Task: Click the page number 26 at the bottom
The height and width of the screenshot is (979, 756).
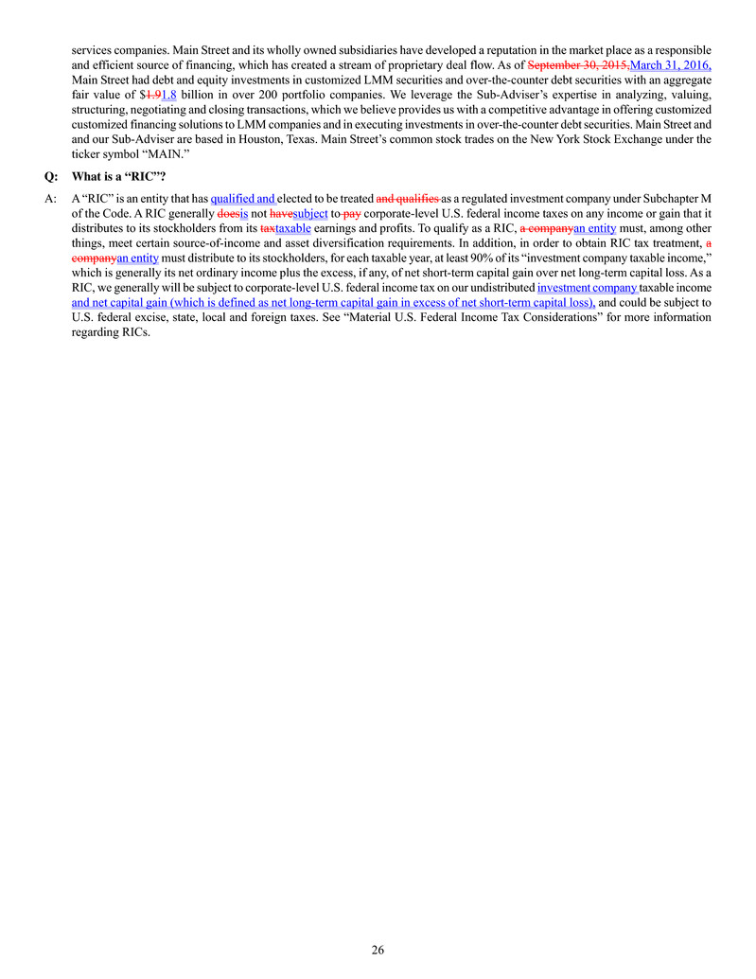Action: coord(378,950)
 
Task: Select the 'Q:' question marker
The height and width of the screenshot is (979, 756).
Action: coord(51,175)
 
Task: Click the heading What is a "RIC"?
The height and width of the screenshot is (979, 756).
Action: coord(113,175)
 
